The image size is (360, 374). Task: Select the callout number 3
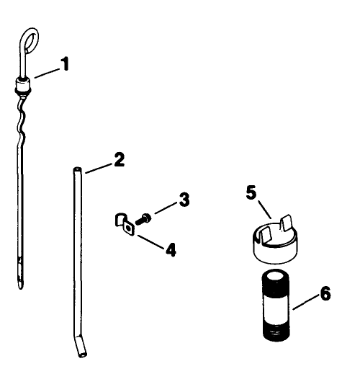[x=184, y=200]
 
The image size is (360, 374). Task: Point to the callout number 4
[x=171, y=250]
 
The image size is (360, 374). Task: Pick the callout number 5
[x=251, y=193]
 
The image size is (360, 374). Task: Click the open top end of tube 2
[x=76, y=170]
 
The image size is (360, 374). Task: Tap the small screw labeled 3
[x=145, y=217]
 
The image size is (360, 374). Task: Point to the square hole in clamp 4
[x=127, y=228]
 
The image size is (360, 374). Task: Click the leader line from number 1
[x=45, y=73]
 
